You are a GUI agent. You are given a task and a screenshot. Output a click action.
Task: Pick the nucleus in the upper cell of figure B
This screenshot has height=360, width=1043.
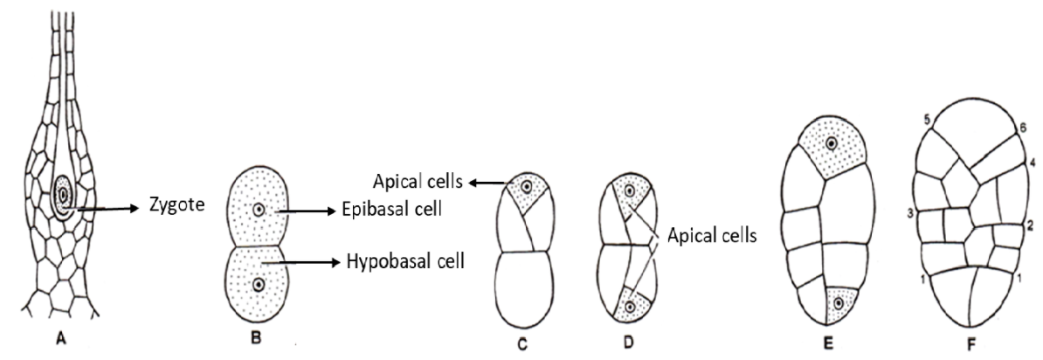coord(258,211)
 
